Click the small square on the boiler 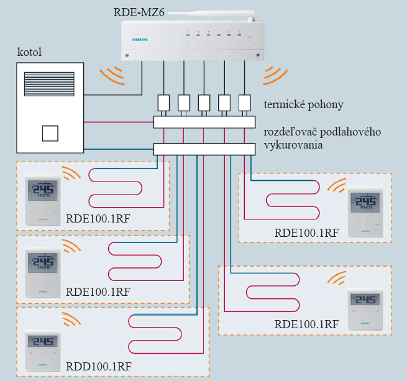click(x=50, y=134)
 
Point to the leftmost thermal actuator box click(x=164, y=101)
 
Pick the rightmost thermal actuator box click(x=244, y=101)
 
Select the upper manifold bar click(x=204, y=122)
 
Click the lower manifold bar click(x=204, y=149)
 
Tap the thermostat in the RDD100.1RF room click(x=43, y=349)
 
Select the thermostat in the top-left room click(x=43, y=201)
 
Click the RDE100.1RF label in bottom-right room click(x=306, y=324)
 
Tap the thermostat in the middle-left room click(x=43, y=271)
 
